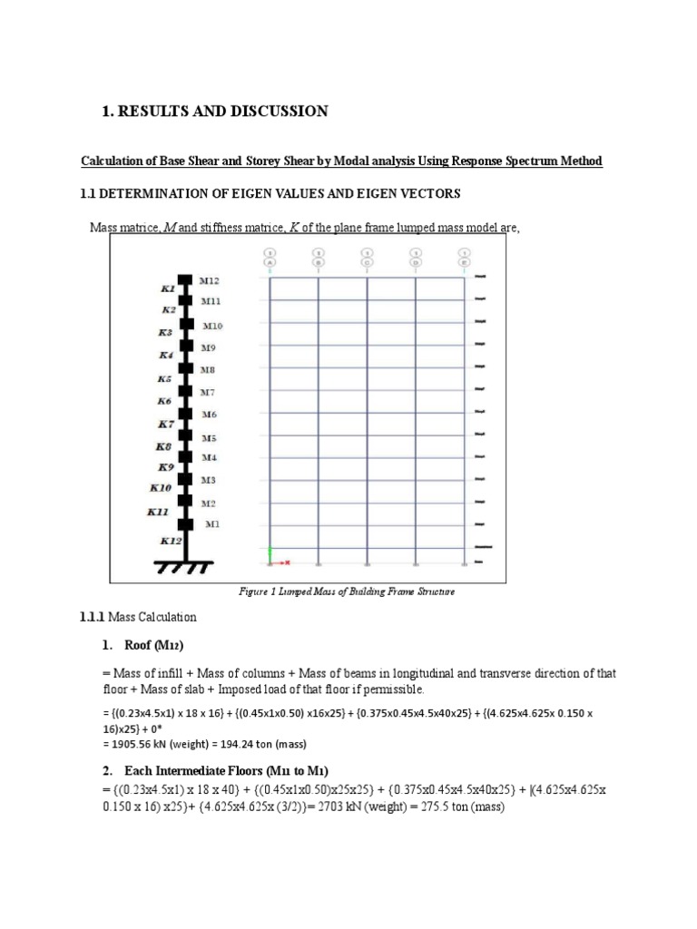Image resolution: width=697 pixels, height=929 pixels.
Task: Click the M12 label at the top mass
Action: [x=210, y=280]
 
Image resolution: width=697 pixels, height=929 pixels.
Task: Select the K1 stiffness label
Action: [x=168, y=288]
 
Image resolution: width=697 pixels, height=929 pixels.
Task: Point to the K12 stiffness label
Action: [x=171, y=541]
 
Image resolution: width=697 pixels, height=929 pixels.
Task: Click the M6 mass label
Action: [x=209, y=414]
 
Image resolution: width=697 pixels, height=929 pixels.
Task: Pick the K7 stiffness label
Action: [x=166, y=424]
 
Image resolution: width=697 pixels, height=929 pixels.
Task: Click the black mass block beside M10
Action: [x=187, y=323]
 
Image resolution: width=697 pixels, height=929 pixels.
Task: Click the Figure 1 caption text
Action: [x=346, y=592]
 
